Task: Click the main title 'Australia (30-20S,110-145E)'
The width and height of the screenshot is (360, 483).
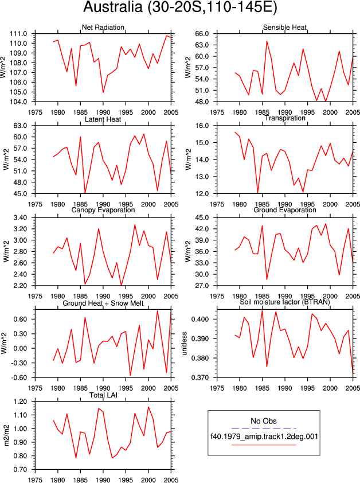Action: point(180,7)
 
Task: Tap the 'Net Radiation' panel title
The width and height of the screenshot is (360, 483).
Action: point(103,27)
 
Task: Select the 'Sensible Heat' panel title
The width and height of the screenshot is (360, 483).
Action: point(285,27)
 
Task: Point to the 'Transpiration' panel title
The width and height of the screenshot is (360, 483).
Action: point(285,118)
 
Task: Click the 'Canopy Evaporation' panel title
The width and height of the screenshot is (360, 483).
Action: point(103,210)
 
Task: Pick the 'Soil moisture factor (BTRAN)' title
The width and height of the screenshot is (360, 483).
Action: point(285,302)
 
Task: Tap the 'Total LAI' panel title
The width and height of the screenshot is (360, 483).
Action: point(103,395)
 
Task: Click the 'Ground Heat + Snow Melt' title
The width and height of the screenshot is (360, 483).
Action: point(103,303)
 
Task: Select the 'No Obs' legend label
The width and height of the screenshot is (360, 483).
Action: point(264,421)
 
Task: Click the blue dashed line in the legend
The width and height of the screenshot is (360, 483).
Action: point(264,429)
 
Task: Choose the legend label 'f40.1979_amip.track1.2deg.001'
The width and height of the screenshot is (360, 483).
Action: point(264,437)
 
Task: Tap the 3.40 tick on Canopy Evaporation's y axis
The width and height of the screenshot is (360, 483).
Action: point(20,217)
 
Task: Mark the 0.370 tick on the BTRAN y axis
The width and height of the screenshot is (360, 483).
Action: point(200,377)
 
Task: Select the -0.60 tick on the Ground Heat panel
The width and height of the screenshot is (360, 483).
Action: point(19,377)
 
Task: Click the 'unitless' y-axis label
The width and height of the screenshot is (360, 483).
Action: point(185,344)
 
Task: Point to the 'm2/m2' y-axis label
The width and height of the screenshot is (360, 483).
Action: point(6,435)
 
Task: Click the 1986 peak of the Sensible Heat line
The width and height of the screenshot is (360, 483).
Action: point(267,41)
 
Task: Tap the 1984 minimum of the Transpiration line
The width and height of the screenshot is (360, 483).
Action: point(258,193)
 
